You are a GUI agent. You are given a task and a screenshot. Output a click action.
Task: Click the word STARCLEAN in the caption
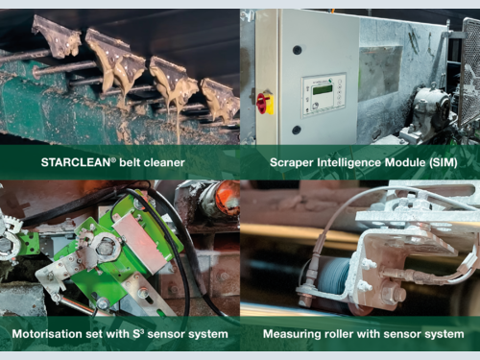(76, 162)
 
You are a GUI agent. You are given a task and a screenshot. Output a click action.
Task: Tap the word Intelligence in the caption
(349, 163)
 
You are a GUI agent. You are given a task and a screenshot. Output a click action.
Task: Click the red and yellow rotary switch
(266, 103)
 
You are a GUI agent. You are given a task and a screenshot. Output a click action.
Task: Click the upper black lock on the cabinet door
(298, 50)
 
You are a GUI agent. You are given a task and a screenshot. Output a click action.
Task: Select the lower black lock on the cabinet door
(297, 130)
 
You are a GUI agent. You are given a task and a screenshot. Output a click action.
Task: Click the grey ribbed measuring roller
(334, 276)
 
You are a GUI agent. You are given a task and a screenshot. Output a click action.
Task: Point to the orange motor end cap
(228, 197)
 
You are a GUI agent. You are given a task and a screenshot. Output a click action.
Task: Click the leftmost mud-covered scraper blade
(57, 36)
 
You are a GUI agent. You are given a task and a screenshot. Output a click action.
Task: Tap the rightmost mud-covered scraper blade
(221, 99)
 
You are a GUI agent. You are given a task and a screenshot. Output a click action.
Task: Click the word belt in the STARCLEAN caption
(130, 162)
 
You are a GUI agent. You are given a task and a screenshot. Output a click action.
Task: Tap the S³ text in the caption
(138, 334)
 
